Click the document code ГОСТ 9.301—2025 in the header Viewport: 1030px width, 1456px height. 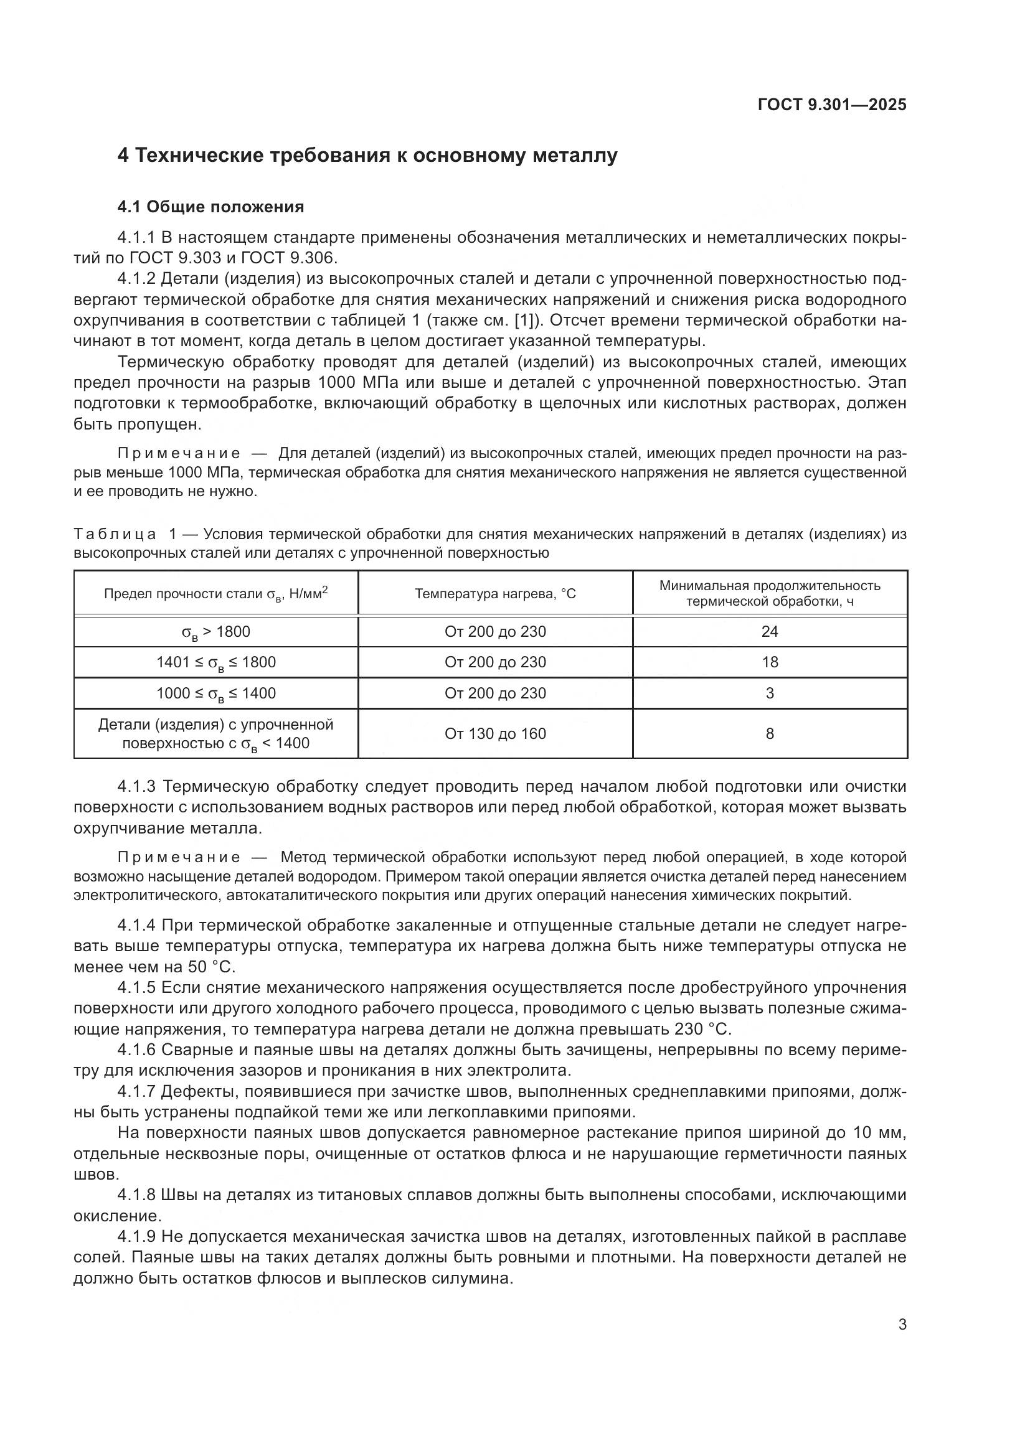(x=832, y=105)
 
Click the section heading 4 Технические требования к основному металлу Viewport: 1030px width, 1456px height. (x=367, y=156)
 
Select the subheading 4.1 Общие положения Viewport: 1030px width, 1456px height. (x=210, y=207)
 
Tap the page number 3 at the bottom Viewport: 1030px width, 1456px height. (x=902, y=1325)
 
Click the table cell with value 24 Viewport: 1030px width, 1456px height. (x=769, y=632)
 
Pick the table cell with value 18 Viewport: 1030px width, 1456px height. (x=769, y=662)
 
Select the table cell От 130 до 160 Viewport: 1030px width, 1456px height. (x=494, y=734)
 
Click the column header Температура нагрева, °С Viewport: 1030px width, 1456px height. (x=494, y=594)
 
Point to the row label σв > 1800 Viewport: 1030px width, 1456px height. (x=215, y=632)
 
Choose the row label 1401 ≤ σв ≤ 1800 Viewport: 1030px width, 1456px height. (x=215, y=663)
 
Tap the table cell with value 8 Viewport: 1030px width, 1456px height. (x=769, y=734)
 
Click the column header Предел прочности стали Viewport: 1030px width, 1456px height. (x=215, y=594)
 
